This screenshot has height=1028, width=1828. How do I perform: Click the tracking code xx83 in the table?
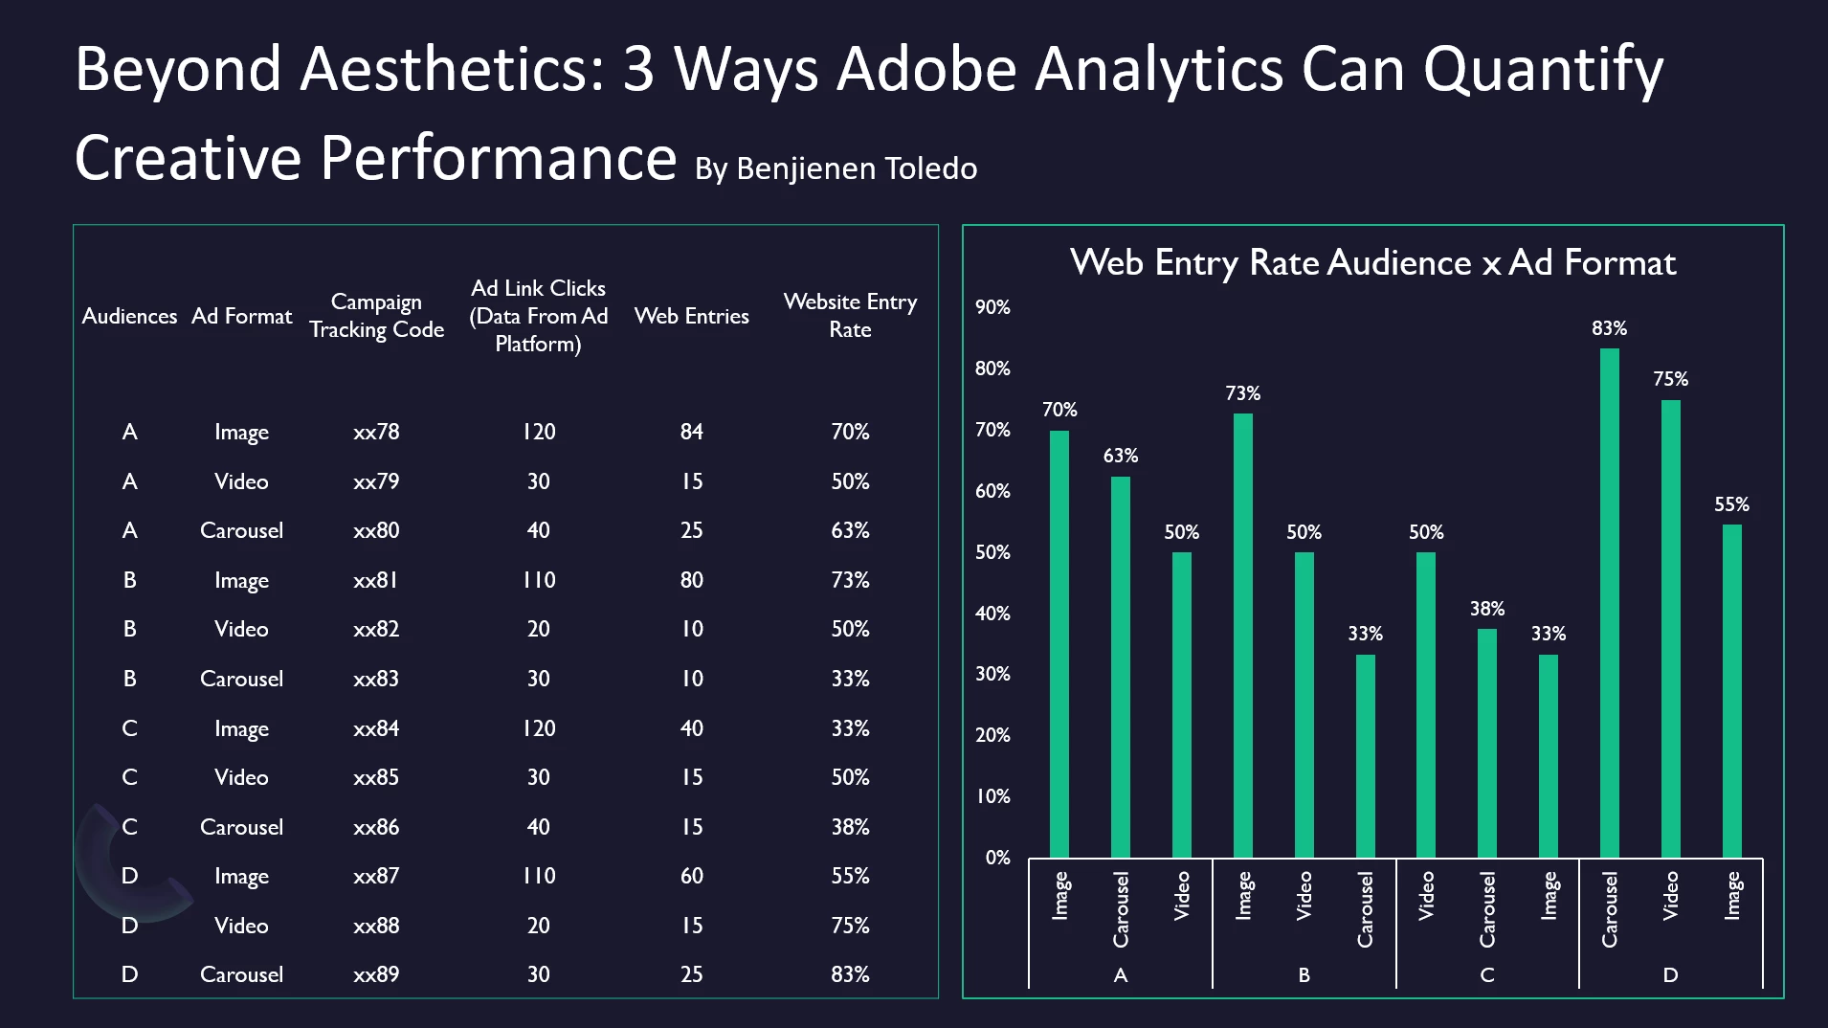376,679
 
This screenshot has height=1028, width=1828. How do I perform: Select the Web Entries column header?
691,316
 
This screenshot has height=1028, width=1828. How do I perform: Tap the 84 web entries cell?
691,432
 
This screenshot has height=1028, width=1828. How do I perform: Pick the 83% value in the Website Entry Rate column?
850,974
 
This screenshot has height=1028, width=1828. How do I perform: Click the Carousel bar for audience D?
1610,603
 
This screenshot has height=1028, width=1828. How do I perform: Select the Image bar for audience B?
1242,636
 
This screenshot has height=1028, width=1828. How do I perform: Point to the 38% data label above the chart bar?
1486,609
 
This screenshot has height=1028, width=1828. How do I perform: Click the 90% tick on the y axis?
992,307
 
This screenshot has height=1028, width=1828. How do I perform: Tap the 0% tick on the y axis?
997,858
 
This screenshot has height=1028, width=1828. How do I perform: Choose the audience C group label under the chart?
1486,975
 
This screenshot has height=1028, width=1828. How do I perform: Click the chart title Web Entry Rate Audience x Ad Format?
1372,262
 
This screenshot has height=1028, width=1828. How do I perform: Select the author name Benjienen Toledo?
857,168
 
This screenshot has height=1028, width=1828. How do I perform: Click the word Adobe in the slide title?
925,69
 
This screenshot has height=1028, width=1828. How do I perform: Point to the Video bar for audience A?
1181,704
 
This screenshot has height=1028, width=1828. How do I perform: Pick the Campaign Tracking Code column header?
376,316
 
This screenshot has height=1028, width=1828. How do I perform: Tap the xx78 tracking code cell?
376,432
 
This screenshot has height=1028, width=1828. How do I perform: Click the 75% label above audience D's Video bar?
1670,379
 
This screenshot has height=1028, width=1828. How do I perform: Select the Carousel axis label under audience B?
1365,909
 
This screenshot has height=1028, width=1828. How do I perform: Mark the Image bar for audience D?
1731,690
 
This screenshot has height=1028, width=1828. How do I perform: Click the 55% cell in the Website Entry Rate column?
850,876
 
